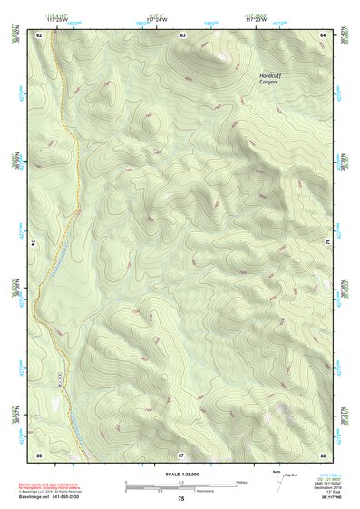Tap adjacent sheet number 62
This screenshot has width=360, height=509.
[x=39, y=34]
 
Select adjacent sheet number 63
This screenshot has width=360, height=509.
[x=182, y=34]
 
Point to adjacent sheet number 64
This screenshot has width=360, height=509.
[x=322, y=34]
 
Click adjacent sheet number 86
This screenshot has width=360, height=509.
[x=39, y=453]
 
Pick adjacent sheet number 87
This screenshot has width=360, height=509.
[x=181, y=453]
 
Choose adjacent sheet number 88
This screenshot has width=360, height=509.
[x=322, y=453]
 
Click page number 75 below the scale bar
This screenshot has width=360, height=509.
[x=181, y=499]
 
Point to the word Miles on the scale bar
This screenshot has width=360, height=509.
[x=241, y=482]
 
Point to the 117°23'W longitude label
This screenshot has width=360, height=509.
[x=256, y=19]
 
